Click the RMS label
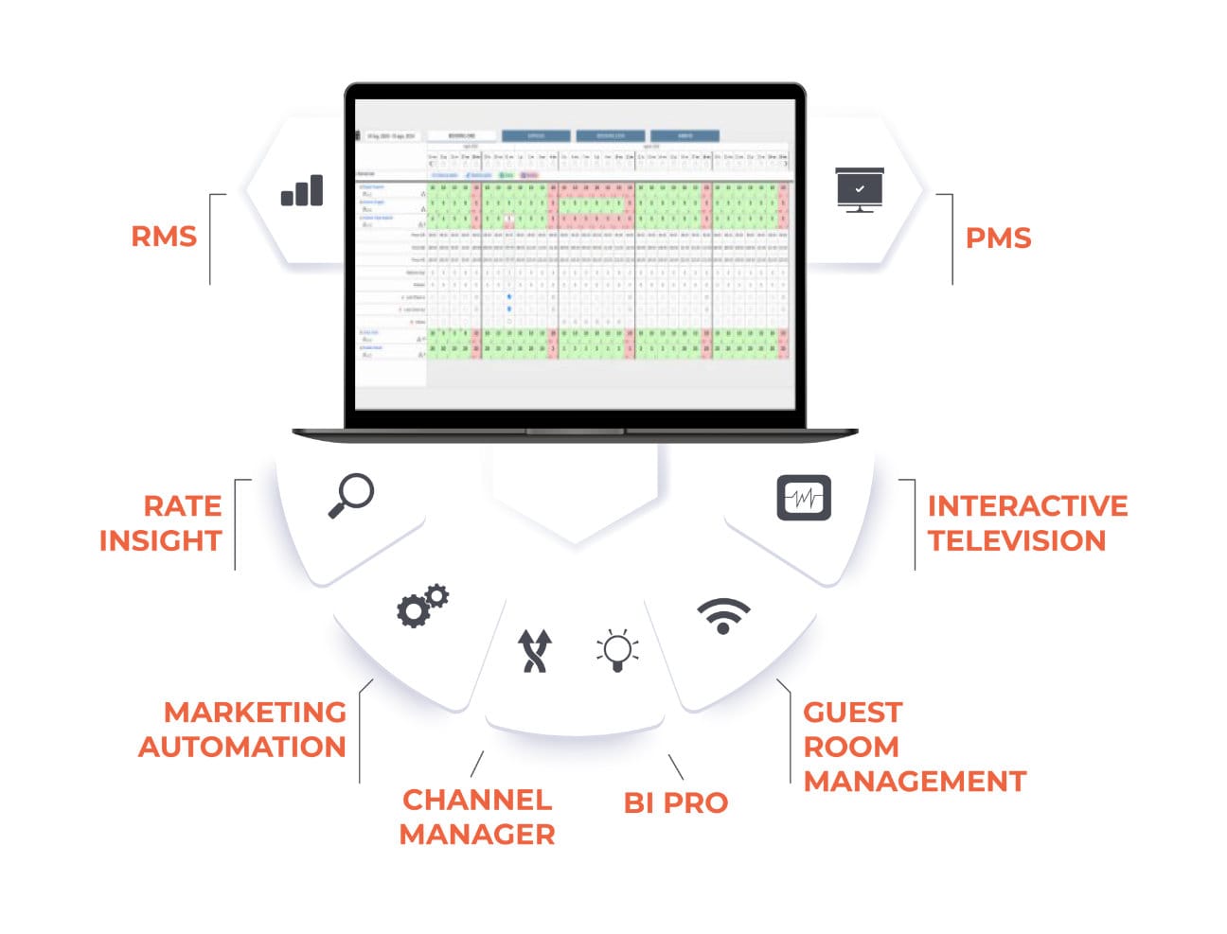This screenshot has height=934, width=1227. point(164,236)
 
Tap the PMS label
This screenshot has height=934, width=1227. point(998,238)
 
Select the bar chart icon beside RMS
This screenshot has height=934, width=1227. point(302,191)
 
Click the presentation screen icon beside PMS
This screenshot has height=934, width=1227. point(860,189)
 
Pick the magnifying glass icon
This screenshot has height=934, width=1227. point(351,496)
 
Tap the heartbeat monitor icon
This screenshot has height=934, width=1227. point(804,498)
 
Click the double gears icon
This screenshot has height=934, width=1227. point(422,606)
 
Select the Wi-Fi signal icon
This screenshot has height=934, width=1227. point(723,616)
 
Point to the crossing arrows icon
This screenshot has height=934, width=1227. point(535,651)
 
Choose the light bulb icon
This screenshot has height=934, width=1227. point(617,651)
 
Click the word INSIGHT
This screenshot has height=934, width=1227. point(160,540)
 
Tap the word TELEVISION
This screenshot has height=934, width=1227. point(1017,540)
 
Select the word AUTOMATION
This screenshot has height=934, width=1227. point(242,747)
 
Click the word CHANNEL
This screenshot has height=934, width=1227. point(477,800)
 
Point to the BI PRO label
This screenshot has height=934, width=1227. point(675,802)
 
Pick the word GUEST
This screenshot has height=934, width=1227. point(852,712)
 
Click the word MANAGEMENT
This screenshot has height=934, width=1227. point(915,782)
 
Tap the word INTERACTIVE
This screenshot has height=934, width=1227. point(1027,506)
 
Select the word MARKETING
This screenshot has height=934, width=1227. point(255,712)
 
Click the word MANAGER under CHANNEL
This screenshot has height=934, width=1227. point(477,835)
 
